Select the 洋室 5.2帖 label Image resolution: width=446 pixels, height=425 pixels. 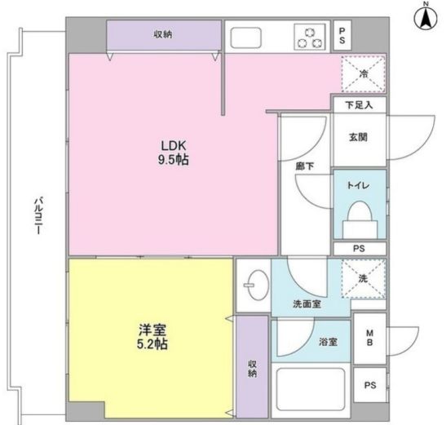coord(152,338)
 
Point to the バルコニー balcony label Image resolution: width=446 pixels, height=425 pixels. coord(38,217)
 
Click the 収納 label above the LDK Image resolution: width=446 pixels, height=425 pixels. coord(163,34)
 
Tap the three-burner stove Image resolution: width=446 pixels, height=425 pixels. coord(311,37)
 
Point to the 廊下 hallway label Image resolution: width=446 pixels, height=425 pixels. coord(306,166)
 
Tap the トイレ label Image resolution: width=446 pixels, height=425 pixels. coord(360,186)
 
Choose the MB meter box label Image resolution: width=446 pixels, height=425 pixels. coord(369,338)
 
